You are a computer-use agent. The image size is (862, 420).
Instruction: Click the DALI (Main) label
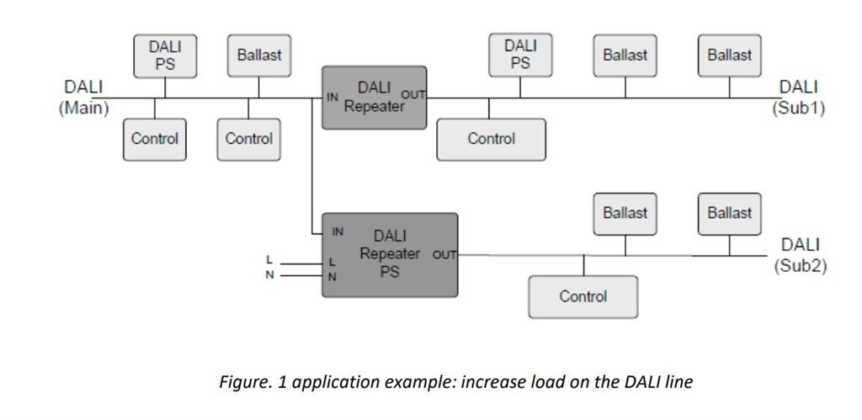pos(83,98)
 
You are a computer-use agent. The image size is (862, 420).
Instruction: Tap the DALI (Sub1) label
pos(798,98)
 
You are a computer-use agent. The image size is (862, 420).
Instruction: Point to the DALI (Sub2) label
pos(800,255)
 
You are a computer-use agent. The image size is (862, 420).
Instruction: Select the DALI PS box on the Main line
pos(165,56)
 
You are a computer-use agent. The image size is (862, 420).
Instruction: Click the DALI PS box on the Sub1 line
pos(520,56)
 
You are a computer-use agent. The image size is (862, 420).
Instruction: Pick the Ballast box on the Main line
pos(258,56)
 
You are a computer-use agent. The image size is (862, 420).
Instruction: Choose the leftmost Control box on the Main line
pos(155,139)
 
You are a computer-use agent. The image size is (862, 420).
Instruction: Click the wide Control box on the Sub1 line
pos(491,139)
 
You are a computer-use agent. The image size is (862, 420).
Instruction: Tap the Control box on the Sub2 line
pos(583,296)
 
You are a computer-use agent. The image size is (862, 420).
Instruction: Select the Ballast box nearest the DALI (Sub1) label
pos(729,56)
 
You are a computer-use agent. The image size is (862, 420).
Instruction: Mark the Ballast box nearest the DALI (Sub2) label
pos(729,214)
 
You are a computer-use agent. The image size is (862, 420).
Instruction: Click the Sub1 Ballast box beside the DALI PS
pos(625,56)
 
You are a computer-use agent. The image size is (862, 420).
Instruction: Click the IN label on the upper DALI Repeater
pos(333,97)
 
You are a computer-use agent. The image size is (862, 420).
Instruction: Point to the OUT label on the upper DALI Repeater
pos(413,94)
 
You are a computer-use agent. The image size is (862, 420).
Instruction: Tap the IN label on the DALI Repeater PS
pos(338,231)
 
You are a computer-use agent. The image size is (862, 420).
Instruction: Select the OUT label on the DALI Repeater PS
pos(444,254)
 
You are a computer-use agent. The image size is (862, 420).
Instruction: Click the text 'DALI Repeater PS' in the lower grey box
pos(389,254)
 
